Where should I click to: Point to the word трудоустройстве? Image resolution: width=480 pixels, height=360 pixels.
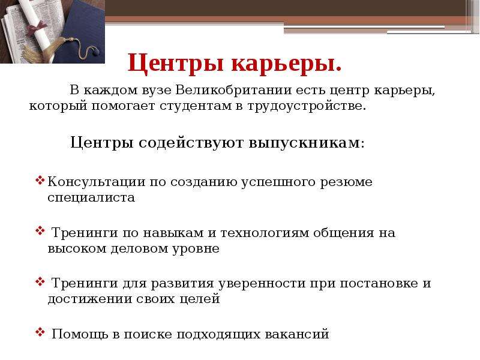tap(307, 106)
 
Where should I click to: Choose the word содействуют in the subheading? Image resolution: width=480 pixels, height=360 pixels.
tap(191, 143)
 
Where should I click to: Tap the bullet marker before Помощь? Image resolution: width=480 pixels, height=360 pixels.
tap(40, 332)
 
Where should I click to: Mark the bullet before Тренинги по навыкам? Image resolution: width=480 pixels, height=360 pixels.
tap(40, 230)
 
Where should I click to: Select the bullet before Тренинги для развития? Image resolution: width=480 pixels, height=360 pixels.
tap(40, 281)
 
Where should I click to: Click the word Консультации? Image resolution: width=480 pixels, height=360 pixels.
tap(97, 182)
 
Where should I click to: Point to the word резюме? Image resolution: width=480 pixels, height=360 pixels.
tap(346, 182)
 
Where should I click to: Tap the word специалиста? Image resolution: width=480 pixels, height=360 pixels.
tap(91, 197)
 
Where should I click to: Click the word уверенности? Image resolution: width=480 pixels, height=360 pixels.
tap(262, 284)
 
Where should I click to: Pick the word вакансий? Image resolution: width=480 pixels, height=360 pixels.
tap(296, 334)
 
